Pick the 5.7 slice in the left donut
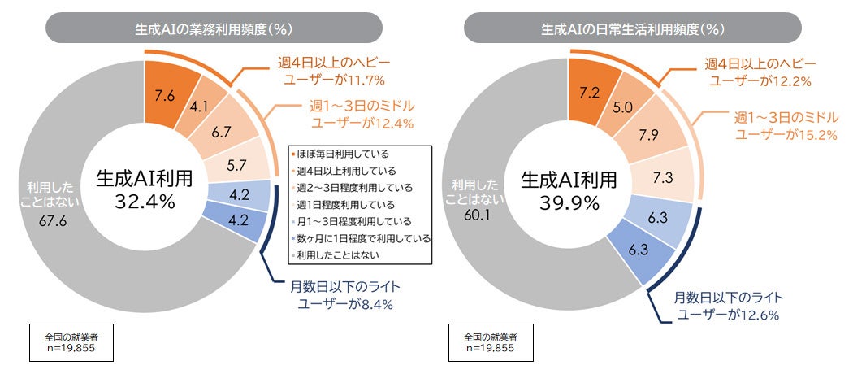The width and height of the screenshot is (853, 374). (236, 164)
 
